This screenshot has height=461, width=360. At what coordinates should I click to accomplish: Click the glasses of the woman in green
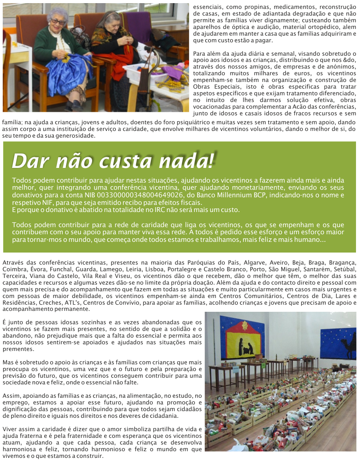pos(57,21)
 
